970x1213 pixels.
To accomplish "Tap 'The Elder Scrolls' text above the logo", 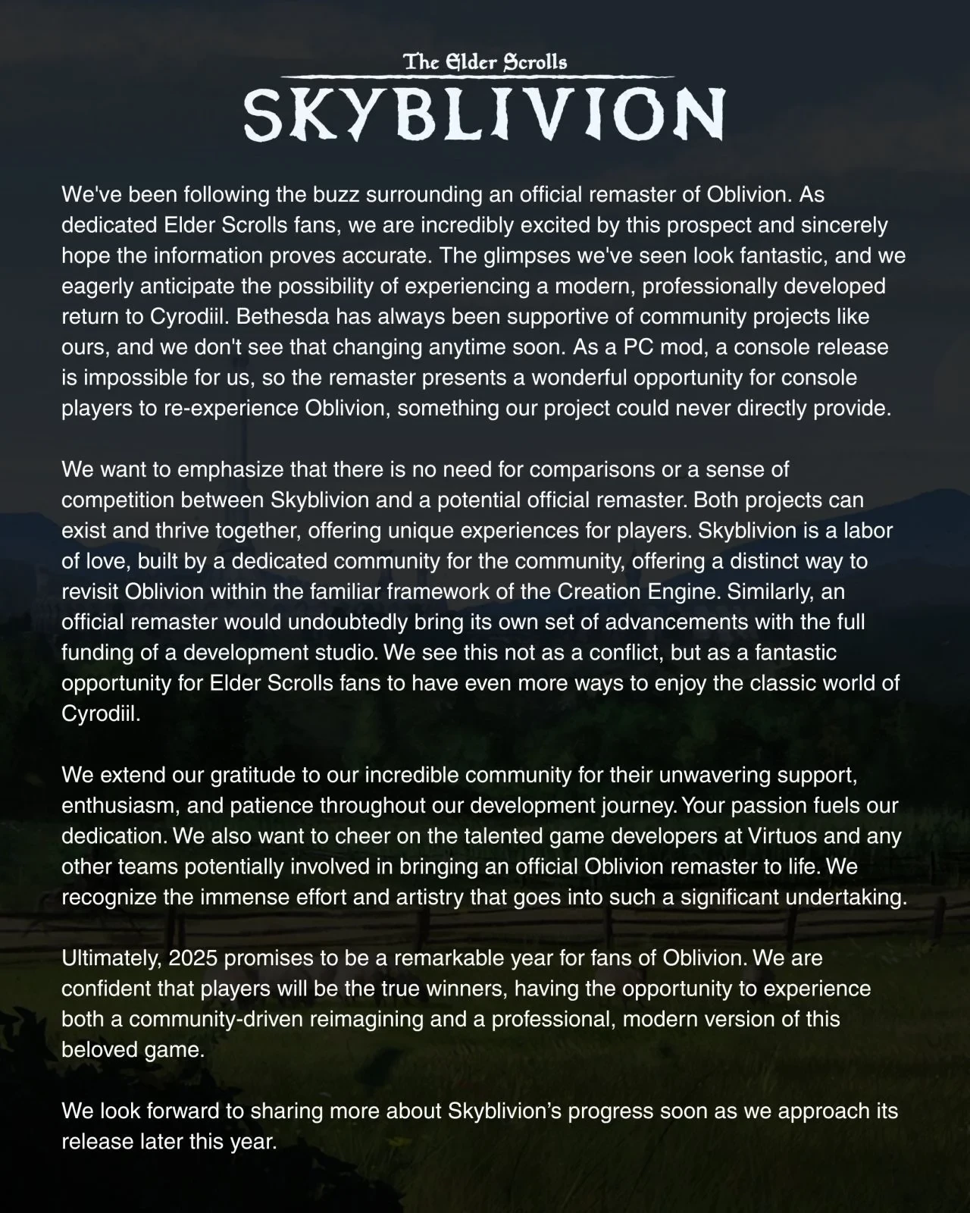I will pos(485,62).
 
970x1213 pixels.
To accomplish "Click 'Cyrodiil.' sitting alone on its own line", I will pos(101,714).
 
